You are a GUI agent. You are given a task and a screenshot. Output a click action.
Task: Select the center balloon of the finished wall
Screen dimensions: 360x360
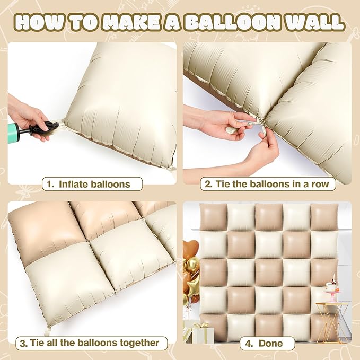[269, 271]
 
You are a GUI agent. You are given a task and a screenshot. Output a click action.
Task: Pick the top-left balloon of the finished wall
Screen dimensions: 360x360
[214, 217]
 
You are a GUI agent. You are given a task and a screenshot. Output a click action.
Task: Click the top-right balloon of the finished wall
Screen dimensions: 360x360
[324, 217]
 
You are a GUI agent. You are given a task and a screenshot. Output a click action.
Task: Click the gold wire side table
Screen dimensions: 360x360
[333, 318]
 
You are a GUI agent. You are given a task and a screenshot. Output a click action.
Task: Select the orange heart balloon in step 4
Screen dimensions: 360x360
[189, 249]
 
